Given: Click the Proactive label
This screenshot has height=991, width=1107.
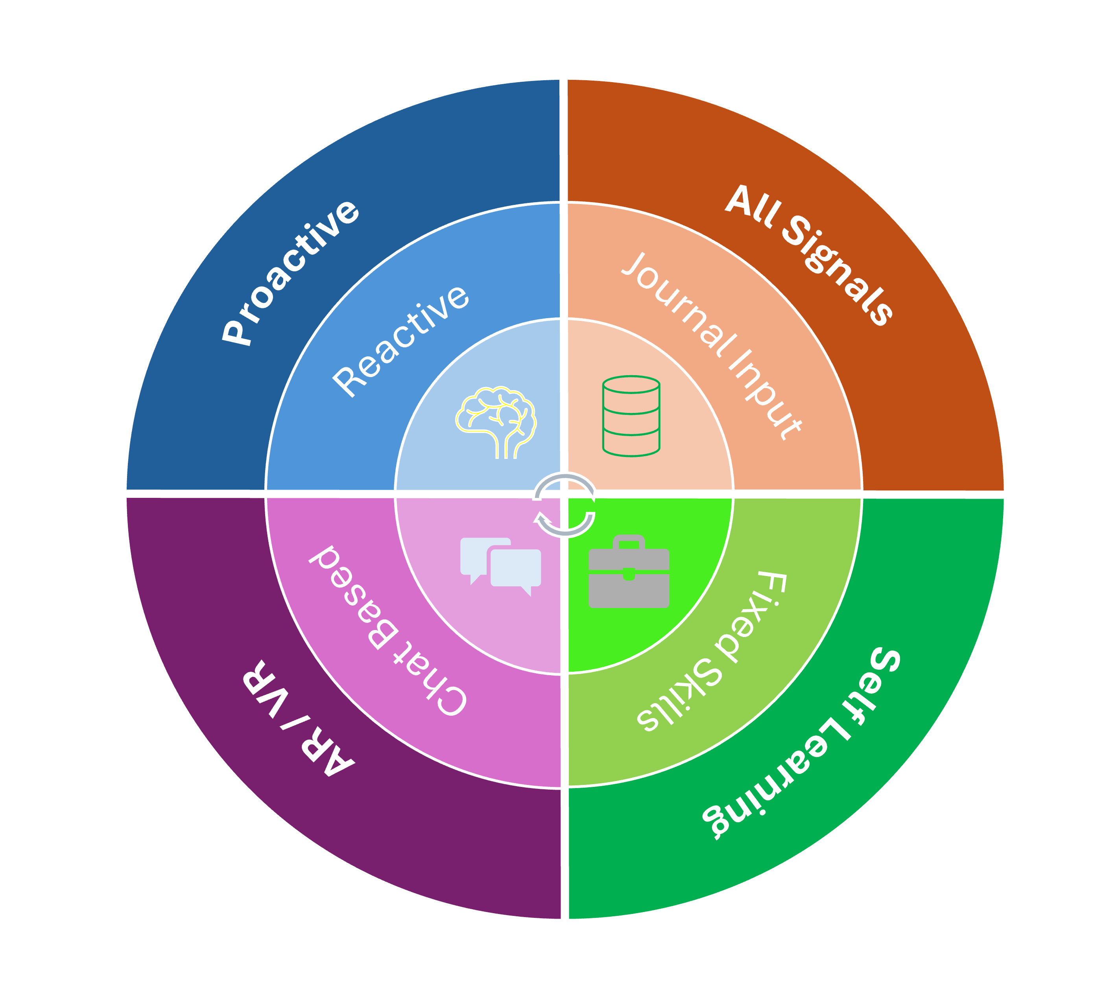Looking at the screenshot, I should click(x=290, y=272).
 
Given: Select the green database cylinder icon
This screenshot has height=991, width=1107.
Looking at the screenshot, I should click(x=631, y=415).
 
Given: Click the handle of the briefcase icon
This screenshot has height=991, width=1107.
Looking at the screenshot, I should click(x=629, y=542).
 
